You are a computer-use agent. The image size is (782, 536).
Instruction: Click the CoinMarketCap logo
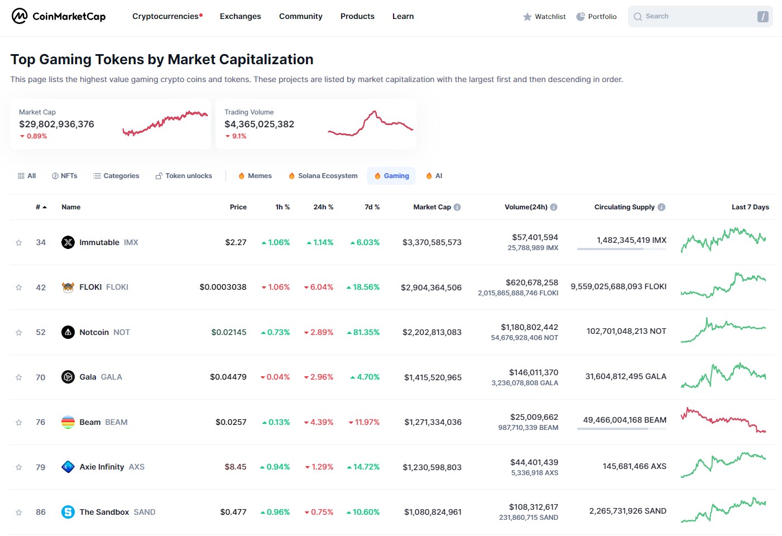(59, 16)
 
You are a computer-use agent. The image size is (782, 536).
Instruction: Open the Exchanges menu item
(240, 16)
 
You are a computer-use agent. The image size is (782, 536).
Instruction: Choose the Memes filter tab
(255, 176)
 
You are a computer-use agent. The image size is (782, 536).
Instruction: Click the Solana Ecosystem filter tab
(323, 176)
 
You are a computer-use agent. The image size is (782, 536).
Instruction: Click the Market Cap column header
(431, 207)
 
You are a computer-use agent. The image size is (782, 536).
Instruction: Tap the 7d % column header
(372, 207)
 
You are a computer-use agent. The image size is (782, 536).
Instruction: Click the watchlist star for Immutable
(19, 243)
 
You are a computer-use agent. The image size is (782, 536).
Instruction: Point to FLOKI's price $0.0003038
(223, 287)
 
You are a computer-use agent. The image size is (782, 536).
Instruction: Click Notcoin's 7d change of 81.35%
(363, 332)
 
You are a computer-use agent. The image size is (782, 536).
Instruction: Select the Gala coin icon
(68, 377)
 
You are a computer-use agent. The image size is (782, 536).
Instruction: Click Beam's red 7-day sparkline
(723, 420)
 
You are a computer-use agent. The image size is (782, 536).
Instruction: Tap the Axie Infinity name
(102, 467)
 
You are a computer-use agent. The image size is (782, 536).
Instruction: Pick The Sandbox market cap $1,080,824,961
(433, 512)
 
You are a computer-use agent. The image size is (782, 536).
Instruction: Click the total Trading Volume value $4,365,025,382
(259, 124)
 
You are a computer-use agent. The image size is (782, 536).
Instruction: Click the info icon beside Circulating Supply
(661, 207)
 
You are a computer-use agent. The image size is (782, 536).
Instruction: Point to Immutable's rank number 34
(41, 242)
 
